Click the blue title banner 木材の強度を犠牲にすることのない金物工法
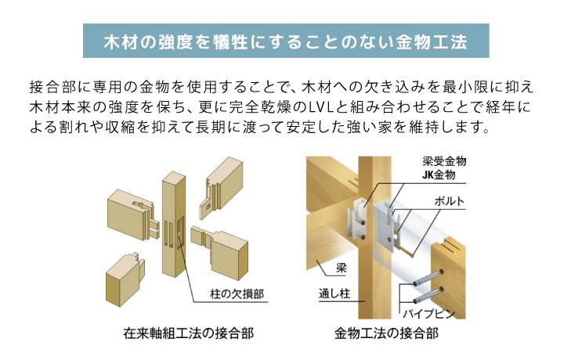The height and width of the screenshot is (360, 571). pos(286,41)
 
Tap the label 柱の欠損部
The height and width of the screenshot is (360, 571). pos(237,293)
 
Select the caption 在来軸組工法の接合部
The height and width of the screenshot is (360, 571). pos(188,333)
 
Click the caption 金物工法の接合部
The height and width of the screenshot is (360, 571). pos(386,333)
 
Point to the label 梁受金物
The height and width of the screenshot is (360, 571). pos(444,161)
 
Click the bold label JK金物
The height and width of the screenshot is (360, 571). pos(439,175)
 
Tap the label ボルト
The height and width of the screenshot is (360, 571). pos(450,201)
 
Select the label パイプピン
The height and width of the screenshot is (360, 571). pos(428,314)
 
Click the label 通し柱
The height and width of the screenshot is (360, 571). pos(334,293)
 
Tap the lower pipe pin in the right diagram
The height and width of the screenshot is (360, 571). pos(427,296)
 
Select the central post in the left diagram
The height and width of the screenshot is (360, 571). pos(174,224)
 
